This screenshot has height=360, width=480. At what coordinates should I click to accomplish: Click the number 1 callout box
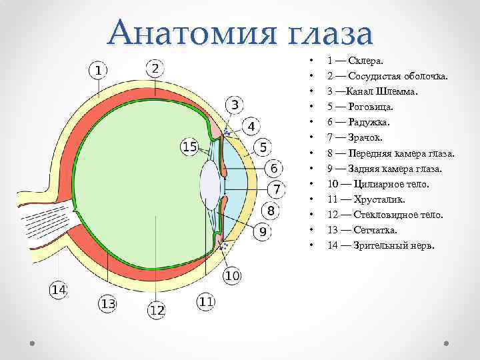tap(98, 69)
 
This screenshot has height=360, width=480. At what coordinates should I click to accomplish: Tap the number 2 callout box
tap(155, 68)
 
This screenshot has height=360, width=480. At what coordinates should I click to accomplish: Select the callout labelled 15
tap(190, 147)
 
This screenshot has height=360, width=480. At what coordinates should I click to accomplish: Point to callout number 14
tap(59, 289)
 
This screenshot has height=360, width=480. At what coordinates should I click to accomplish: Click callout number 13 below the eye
tap(108, 304)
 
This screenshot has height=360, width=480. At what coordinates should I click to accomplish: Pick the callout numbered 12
tap(157, 310)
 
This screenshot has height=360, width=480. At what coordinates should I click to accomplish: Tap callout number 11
tap(206, 302)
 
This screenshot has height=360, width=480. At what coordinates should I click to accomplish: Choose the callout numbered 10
tap(231, 275)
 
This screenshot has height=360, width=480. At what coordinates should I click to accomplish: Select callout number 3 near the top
tap(235, 105)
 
